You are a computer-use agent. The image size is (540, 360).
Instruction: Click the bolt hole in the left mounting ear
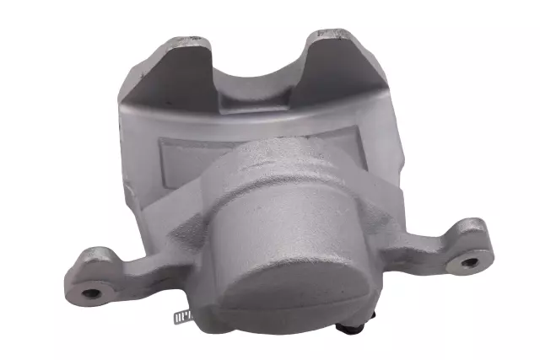point(90,293)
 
